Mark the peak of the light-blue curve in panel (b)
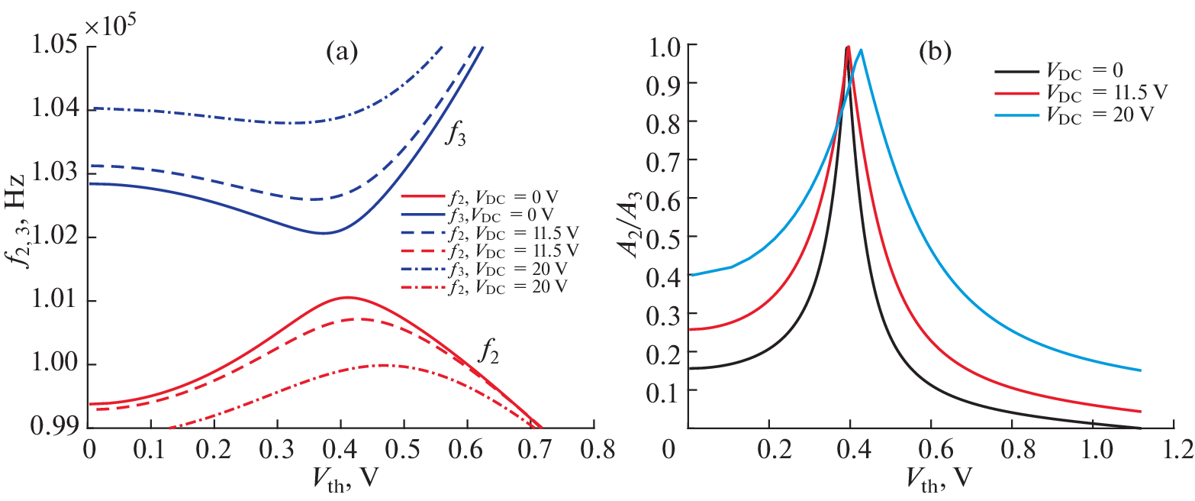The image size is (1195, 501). pos(861,50)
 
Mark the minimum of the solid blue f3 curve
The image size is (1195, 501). pos(324,233)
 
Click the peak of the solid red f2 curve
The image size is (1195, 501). pos(347,297)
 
